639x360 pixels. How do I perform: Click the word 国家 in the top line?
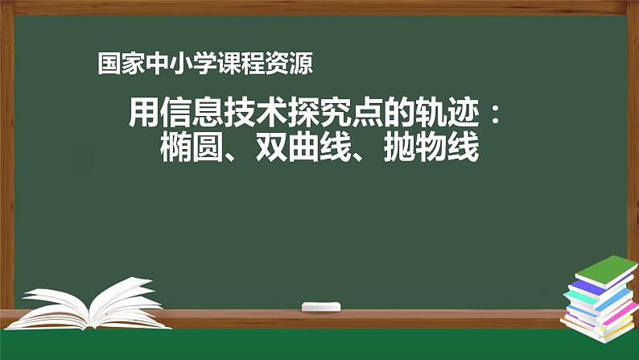[x=118, y=63]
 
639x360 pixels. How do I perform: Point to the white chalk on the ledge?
[x=321, y=306]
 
